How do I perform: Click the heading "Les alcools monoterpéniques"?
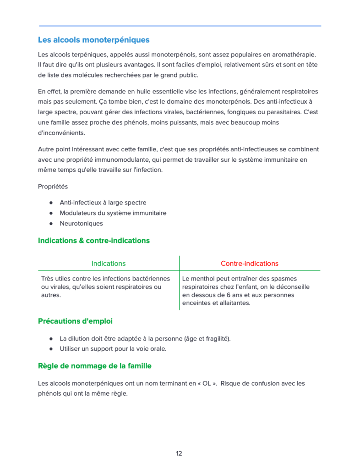(x=93, y=40)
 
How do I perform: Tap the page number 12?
(x=179, y=453)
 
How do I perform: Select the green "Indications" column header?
(x=109, y=263)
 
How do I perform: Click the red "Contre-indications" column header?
(x=250, y=263)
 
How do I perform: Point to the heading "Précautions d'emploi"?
(x=75, y=321)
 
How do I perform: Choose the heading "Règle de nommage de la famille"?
(x=94, y=366)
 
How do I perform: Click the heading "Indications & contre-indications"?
(x=93, y=240)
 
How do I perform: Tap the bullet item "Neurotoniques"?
(x=81, y=223)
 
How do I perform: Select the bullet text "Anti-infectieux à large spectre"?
(x=103, y=202)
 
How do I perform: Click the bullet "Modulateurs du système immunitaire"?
(x=113, y=213)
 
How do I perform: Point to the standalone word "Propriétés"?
(x=53, y=187)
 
